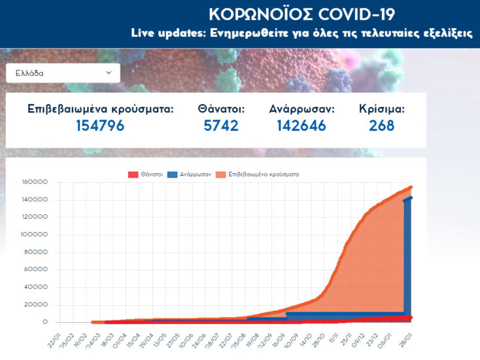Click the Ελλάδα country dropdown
63,73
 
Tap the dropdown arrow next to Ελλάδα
109,73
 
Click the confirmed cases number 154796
100,125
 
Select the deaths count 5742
221,125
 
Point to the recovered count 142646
301,125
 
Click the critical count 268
382,125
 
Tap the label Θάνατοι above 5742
221,109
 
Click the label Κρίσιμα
382,109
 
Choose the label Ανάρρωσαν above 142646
301,109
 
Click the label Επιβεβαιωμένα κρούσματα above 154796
101,109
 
